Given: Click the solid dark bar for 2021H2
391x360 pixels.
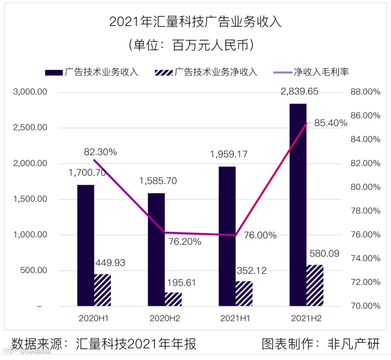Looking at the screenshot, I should pos(298,204).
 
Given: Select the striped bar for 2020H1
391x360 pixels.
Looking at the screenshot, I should pos(103,290).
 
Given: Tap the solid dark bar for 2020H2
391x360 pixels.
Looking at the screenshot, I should pos(156,250).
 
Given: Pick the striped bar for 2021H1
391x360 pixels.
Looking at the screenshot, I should pos(244,293).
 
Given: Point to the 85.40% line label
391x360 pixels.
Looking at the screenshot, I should pos(331,123).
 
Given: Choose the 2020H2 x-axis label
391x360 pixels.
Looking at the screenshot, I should pos(165,318).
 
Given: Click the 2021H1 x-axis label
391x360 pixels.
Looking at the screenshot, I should pos(235,318).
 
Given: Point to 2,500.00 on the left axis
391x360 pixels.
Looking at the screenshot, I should pos(30,128).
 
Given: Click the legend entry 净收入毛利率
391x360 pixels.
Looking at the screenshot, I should pos(321,72).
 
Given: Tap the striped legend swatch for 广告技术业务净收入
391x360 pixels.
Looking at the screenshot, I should pos(163,73).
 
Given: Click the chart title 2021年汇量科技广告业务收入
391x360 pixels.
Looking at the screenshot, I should pos(195,22).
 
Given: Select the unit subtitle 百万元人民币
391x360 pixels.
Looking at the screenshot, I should pos(195,45).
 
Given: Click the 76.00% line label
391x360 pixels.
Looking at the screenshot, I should pos(260,235).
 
